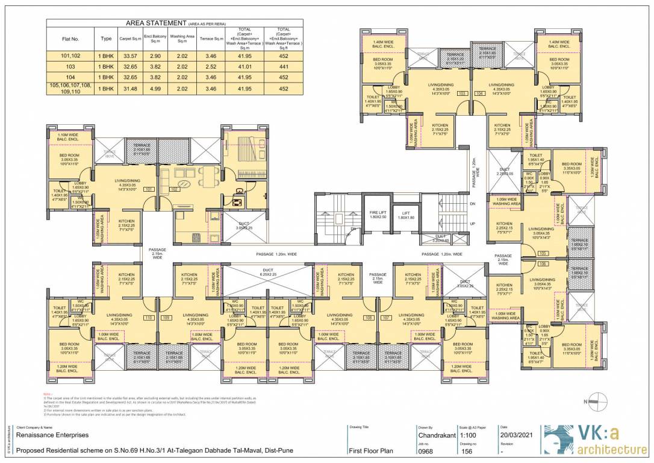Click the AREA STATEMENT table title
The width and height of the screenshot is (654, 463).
tap(156, 23)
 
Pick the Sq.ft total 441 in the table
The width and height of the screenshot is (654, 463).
tap(284, 66)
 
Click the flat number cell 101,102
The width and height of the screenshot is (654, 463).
tap(70, 55)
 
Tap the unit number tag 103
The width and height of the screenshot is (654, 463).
tap(462, 94)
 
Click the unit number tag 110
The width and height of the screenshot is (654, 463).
tap(149, 317)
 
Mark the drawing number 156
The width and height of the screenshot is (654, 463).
tap(467, 450)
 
